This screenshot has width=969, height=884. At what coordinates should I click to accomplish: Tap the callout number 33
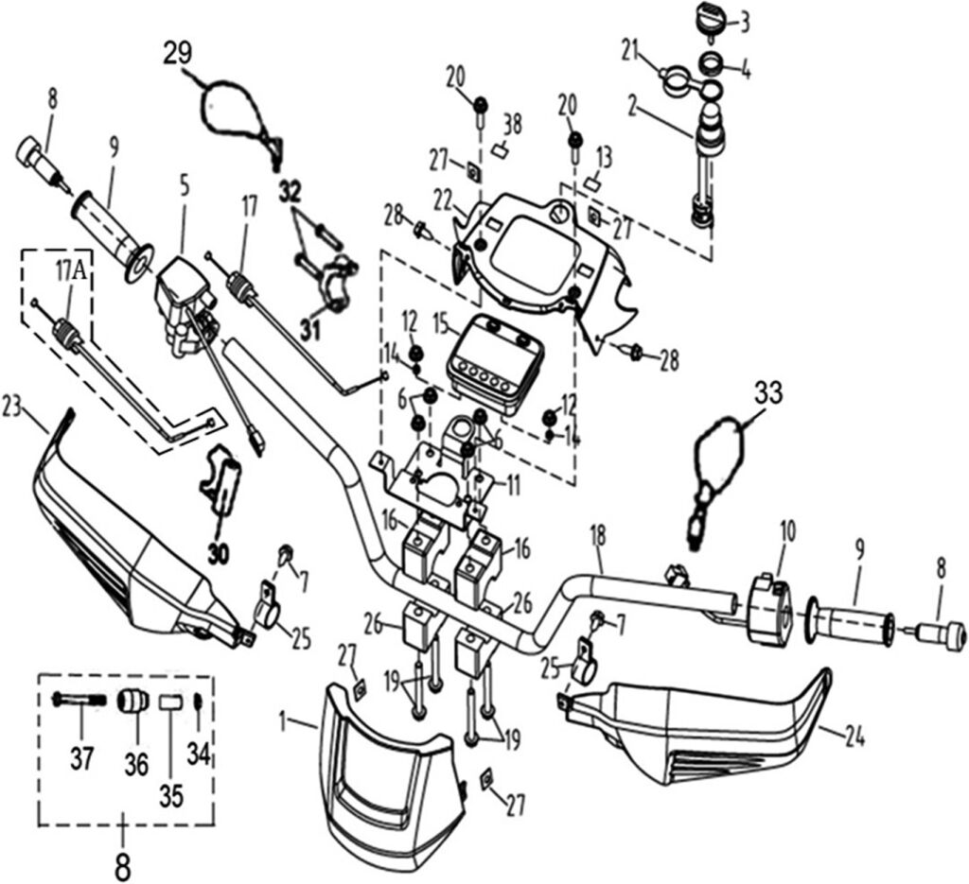pyautogui.click(x=769, y=392)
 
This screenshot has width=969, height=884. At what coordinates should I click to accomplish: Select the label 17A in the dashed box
pyautogui.click(x=68, y=271)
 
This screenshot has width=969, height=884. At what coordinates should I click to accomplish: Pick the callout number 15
pyautogui.click(x=439, y=324)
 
